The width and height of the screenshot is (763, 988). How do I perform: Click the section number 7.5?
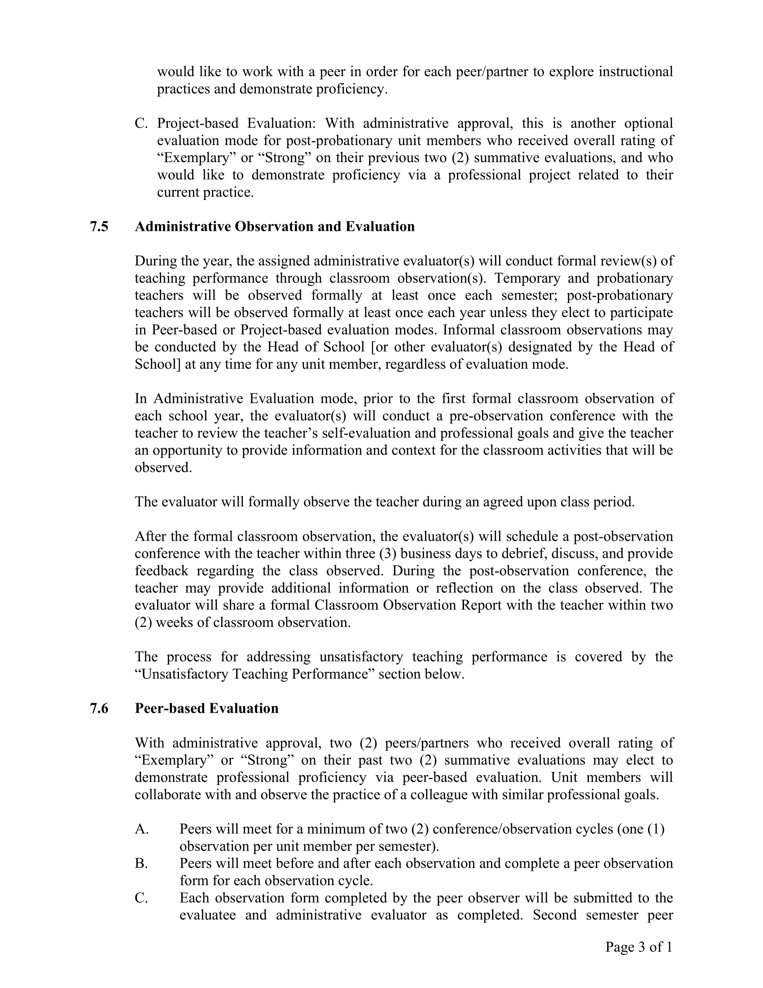[99, 226]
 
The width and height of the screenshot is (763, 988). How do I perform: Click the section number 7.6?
[99, 708]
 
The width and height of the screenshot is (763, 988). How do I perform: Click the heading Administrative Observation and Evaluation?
[274, 226]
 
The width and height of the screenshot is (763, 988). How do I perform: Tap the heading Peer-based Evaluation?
[206, 708]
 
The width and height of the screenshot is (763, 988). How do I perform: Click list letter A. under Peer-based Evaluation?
[141, 829]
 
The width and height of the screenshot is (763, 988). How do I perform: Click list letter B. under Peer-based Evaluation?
[141, 863]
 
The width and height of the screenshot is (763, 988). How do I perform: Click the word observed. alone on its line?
[163, 467]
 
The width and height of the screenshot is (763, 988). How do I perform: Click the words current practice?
[205, 192]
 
